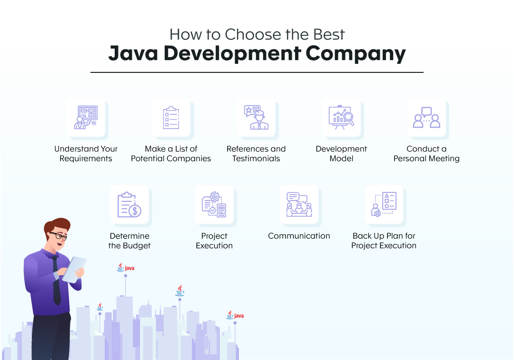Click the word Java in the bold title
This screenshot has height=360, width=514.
pyautogui.click(x=132, y=54)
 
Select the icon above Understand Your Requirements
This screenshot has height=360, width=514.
pyautogui.click(x=86, y=118)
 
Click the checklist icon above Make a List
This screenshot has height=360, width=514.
pyautogui.click(x=171, y=118)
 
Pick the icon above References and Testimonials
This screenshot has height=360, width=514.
pyautogui.click(x=256, y=118)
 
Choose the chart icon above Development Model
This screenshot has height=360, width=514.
pyautogui.click(x=341, y=118)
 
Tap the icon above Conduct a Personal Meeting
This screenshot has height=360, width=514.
pyautogui.click(x=426, y=118)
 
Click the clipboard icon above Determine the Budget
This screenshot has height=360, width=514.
pyautogui.click(x=129, y=205)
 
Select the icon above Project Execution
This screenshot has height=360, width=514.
pyautogui.click(x=214, y=205)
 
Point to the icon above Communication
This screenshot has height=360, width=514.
pyautogui.click(x=299, y=205)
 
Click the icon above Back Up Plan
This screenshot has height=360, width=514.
pyautogui.click(x=384, y=205)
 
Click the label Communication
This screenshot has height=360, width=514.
pyautogui.click(x=299, y=236)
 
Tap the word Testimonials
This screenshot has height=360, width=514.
pyautogui.click(x=256, y=159)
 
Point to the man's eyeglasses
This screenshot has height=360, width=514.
pyautogui.click(x=59, y=236)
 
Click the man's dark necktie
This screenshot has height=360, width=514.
pyautogui.click(x=56, y=281)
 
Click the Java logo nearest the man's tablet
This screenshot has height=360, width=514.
pyautogui.click(x=126, y=268)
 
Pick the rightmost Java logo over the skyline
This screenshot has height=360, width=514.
pyautogui.click(x=235, y=315)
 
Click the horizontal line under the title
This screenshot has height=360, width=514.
pyautogui.click(x=257, y=72)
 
